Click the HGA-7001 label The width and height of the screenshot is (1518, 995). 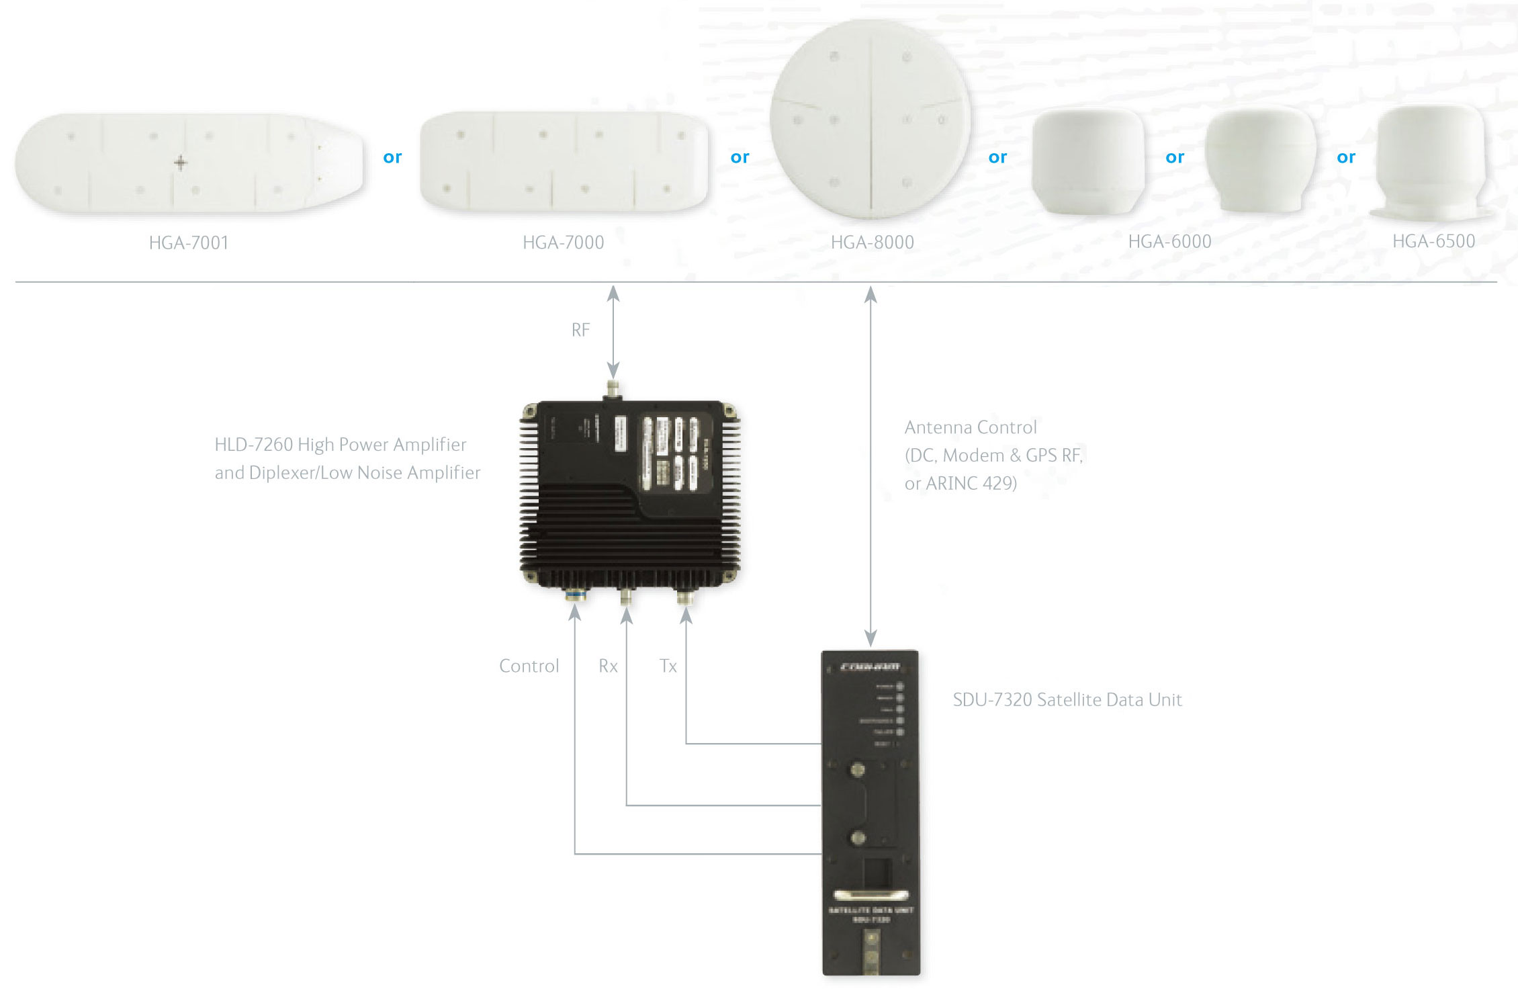(189, 243)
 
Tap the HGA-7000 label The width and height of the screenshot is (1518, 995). (563, 243)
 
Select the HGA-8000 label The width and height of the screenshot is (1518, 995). (872, 243)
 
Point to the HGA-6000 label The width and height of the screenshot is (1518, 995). (1169, 242)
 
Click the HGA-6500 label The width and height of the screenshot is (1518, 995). (1433, 241)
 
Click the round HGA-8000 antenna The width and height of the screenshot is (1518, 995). (870, 120)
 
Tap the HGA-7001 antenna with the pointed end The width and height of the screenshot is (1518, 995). (189, 163)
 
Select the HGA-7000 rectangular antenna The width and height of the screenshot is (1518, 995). (563, 161)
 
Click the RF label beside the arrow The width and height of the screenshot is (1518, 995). (580, 330)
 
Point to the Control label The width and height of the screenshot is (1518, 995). (529, 666)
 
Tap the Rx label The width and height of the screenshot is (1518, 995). (608, 666)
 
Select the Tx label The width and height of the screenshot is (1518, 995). (668, 666)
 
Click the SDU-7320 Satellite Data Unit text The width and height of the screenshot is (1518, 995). (1067, 700)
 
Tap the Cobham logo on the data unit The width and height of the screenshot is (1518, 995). (870, 667)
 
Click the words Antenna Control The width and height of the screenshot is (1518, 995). (971, 427)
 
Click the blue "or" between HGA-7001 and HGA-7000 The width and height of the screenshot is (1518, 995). (392, 157)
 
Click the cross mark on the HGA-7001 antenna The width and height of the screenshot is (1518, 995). (180, 163)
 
